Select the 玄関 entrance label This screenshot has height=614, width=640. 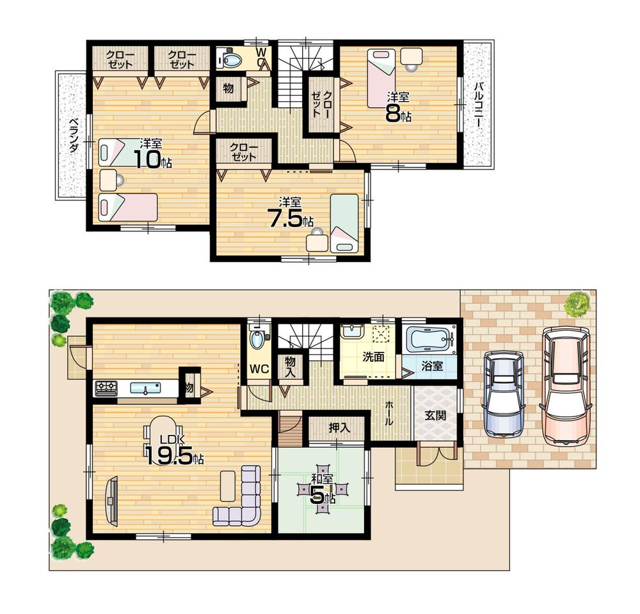point(435,415)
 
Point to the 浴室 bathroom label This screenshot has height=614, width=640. point(432,366)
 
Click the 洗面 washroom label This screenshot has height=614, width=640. point(373,357)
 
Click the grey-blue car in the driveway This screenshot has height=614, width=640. point(504,394)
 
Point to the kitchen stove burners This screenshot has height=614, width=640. point(106,388)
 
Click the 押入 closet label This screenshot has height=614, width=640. point(338,428)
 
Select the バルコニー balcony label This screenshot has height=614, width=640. point(478,106)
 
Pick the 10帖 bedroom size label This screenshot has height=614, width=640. point(152,160)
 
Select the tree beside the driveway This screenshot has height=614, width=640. point(577,304)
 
